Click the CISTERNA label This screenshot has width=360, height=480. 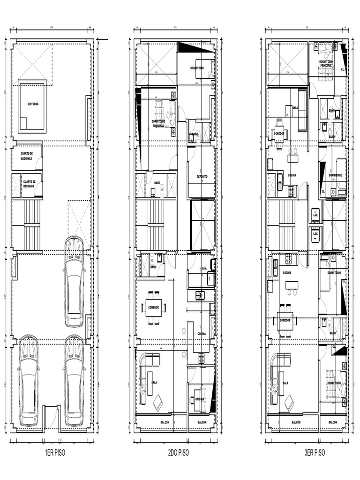click(33, 104)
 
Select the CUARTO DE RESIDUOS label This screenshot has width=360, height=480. click(29, 183)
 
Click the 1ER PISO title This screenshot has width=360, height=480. click(52, 453)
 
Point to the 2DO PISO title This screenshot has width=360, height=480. click(178, 453)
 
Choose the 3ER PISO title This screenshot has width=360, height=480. click(315, 453)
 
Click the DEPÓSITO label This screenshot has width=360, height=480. click(202, 176)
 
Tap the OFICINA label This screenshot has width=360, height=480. click(200, 399)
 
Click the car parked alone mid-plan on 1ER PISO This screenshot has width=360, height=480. click(74, 281)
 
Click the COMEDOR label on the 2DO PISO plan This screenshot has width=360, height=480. click(153, 307)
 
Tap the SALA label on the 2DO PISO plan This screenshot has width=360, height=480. click(154, 382)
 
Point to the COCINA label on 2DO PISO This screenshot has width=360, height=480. click(202, 334)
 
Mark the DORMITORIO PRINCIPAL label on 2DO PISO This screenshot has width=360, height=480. click(158, 123)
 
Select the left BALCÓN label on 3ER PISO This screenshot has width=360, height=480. click(296, 422)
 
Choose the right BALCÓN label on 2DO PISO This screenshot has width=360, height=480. click(202, 422)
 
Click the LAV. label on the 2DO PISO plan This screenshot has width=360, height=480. click(204, 268)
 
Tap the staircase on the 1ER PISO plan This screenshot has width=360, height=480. click(32, 225)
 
